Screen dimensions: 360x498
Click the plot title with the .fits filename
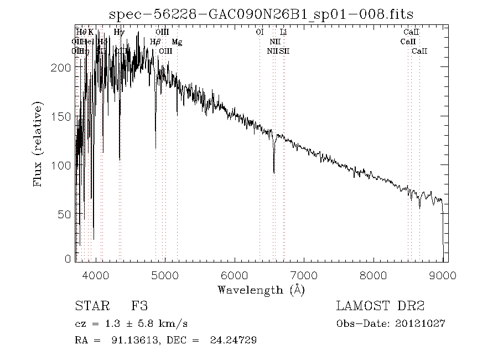click(x=261, y=14)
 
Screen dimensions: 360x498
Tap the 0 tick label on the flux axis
click(x=69, y=259)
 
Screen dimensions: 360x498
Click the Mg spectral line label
click(x=176, y=42)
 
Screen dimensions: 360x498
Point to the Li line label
click(x=283, y=33)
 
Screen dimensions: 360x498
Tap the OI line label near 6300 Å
click(x=260, y=33)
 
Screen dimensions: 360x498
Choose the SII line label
click(x=284, y=51)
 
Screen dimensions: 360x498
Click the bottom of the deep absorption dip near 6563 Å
click(x=274, y=172)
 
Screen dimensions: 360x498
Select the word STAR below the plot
click(x=90, y=306)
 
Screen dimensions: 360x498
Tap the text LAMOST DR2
click(x=376, y=306)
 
